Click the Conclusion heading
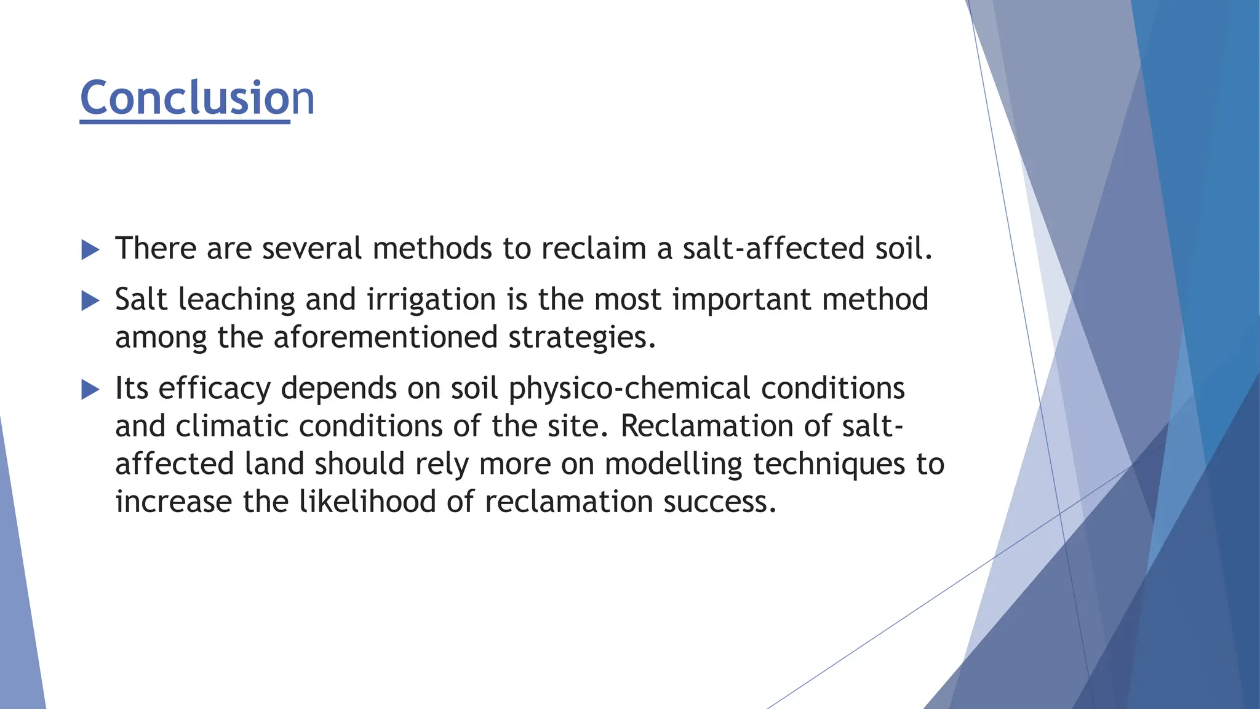coord(197,98)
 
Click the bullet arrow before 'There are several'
coord(90,250)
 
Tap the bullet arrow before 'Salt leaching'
coord(90,301)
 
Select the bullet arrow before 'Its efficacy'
coord(90,390)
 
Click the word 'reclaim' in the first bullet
coord(594,249)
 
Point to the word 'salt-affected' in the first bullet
coord(773,249)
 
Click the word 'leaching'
coord(236,300)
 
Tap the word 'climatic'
coord(232,426)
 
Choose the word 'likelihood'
coord(367,502)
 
